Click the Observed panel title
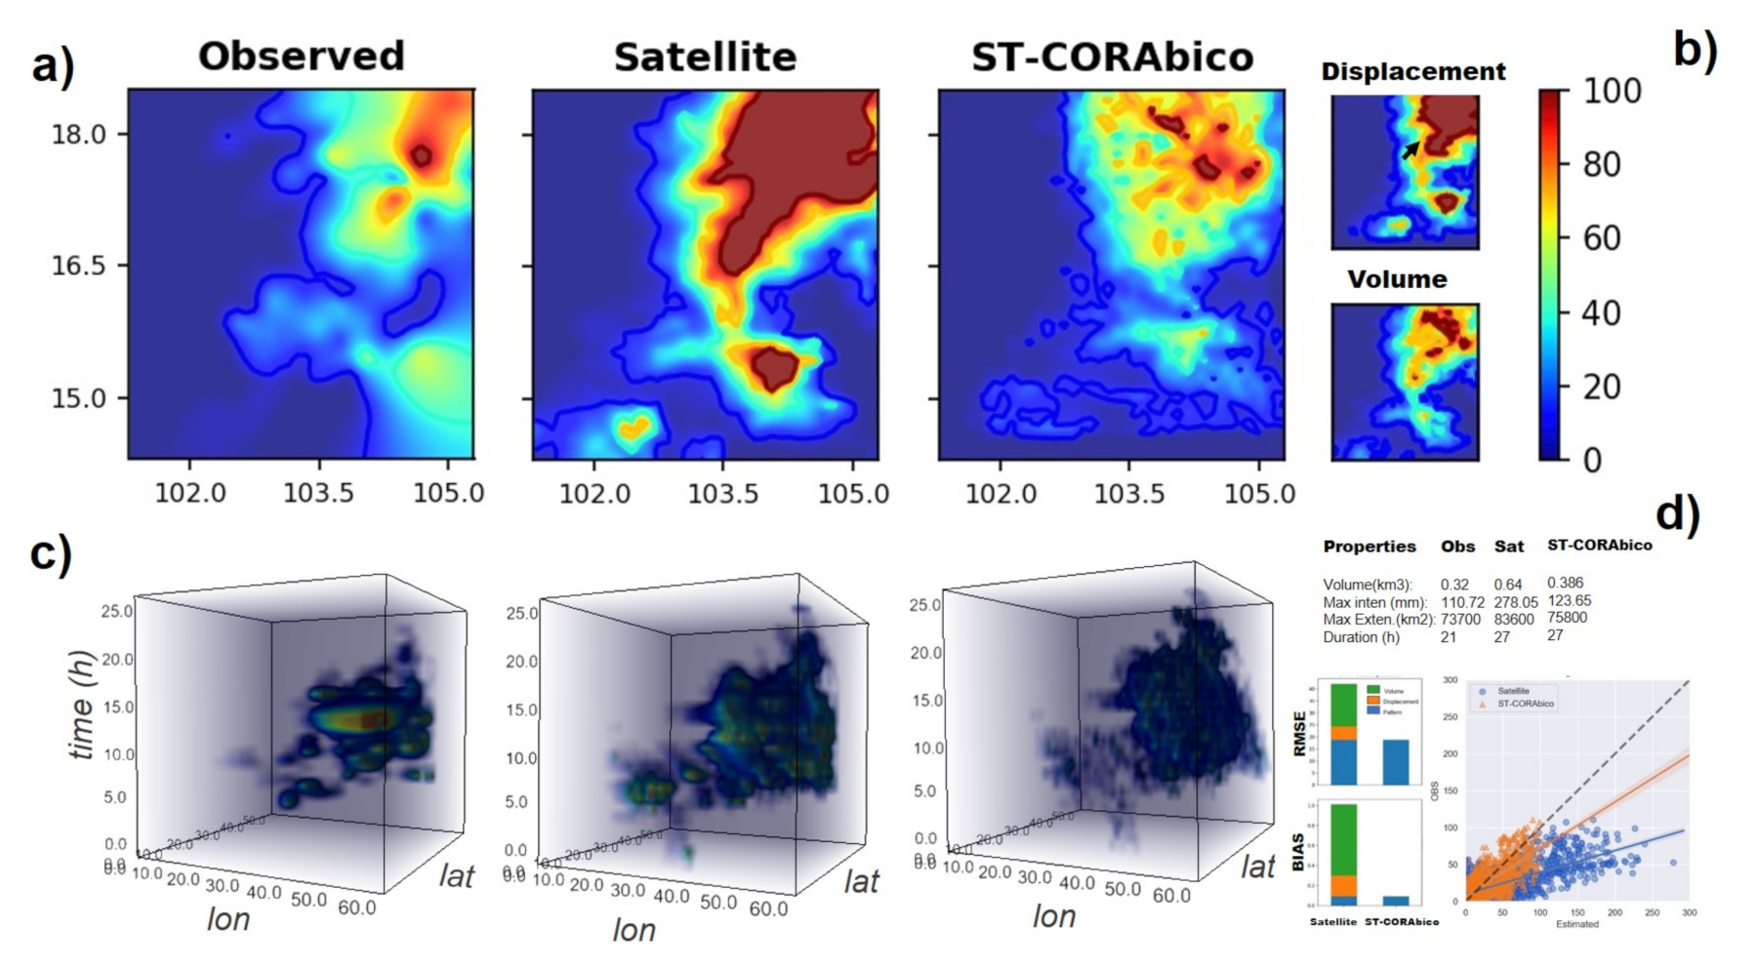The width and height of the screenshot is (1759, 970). click(301, 56)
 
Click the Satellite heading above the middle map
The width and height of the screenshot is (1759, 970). click(705, 57)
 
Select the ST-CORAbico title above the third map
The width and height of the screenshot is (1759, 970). click(1112, 57)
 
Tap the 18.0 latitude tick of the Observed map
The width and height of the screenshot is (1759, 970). click(78, 135)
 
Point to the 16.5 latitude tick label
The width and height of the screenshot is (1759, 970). click(78, 265)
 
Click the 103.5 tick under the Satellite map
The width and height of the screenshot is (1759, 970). click(722, 494)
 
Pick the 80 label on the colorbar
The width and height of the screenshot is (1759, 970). click(1601, 164)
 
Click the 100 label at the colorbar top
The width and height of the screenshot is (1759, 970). click(1611, 91)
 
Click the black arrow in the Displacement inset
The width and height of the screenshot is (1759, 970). click(1411, 149)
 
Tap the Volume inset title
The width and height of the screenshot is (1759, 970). click(1397, 279)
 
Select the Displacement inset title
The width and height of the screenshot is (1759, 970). click(1412, 71)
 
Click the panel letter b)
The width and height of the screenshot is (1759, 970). click(1695, 49)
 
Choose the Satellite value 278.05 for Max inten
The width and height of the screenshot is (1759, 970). click(1515, 602)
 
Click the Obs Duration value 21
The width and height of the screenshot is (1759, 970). click(1448, 637)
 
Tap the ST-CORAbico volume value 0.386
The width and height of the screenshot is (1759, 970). click(1565, 583)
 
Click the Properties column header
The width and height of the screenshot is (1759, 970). click(1369, 546)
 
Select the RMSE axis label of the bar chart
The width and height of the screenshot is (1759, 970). click(1299, 734)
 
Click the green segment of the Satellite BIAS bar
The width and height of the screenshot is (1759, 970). click(1344, 839)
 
